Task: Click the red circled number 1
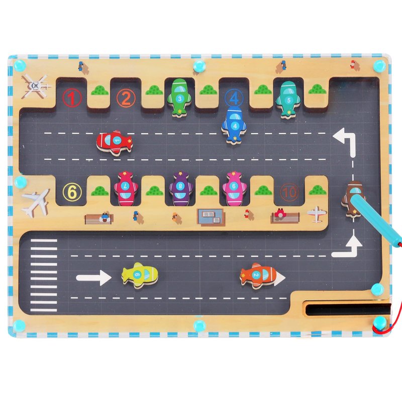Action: click(72, 97)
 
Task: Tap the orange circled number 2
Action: click(126, 97)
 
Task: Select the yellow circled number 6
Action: click(72, 191)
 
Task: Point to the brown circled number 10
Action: click(289, 191)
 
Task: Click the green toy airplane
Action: click(180, 96)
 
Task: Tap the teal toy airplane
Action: click(288, 98)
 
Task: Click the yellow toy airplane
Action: click(140, 275)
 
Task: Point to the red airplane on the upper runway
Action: click(115, 142)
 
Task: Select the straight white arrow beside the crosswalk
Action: click(93, 277)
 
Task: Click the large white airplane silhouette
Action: click(36, 200)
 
